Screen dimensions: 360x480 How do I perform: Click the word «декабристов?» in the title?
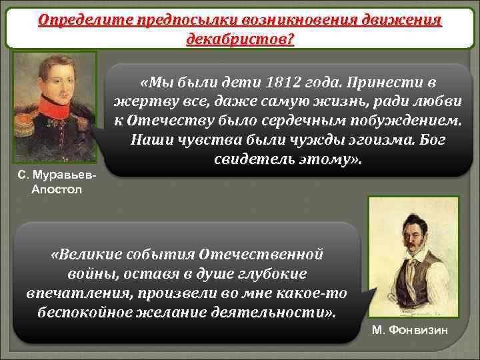pyautogui.click(x=240, y=38)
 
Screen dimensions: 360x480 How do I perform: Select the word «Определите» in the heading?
pyautogui.click(x=77, y=19)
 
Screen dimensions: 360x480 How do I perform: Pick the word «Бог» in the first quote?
pyautogui.click(x=411, y=141)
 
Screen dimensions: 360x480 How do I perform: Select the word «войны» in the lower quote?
pyautogui.click(x=91, y=275)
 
